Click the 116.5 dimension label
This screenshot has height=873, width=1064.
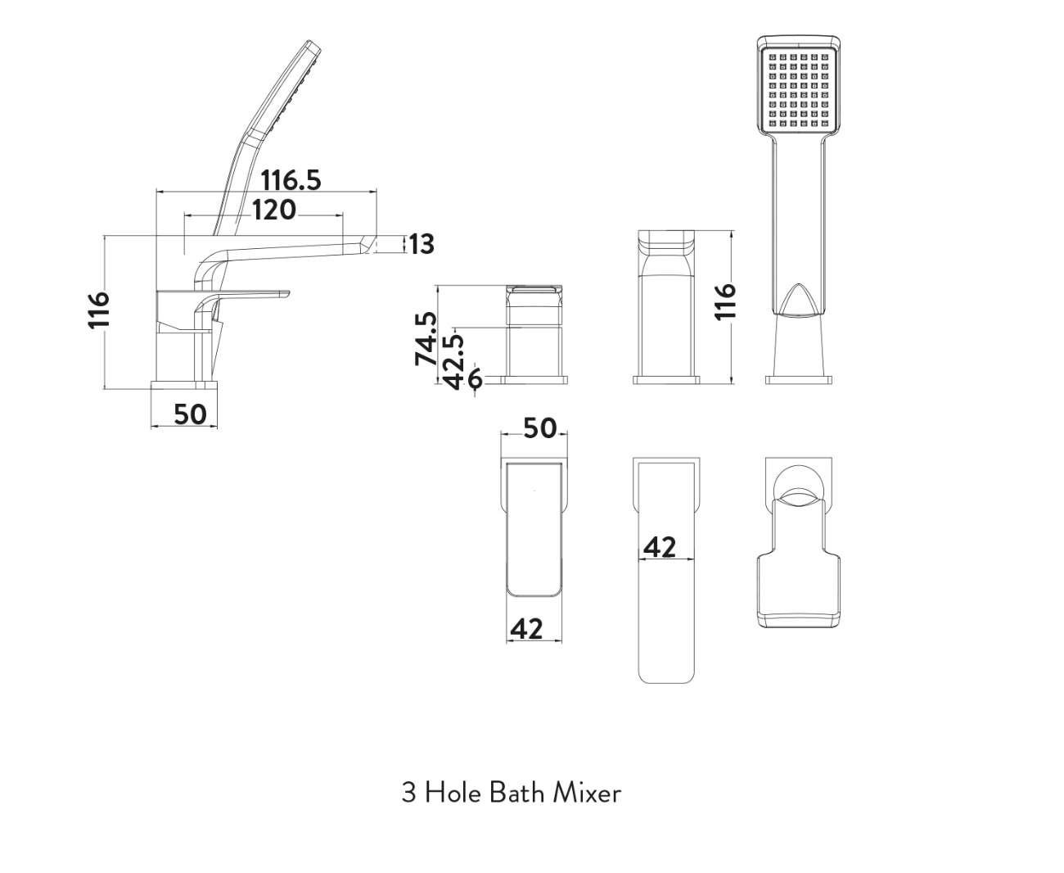(291, 179)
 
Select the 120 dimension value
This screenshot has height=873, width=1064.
(273, 210)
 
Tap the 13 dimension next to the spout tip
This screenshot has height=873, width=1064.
(422, 244)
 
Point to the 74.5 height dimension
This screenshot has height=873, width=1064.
(426, 338)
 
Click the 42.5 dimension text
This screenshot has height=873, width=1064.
(453, 357)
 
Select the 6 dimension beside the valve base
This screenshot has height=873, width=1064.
(475, 380)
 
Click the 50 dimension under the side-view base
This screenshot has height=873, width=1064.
(190, 414)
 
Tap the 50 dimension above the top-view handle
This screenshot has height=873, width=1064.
(539, 427)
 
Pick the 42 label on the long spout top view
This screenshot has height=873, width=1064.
(659, 546)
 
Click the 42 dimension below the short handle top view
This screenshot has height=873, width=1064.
(526, 628)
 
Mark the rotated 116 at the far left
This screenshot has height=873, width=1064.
(98, 310)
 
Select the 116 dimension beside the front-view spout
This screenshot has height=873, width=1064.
(725, 301)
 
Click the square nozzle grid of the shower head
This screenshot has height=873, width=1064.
(799, 91)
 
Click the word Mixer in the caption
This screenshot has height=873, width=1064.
(587, 793)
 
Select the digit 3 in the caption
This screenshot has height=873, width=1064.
(408, 793)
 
